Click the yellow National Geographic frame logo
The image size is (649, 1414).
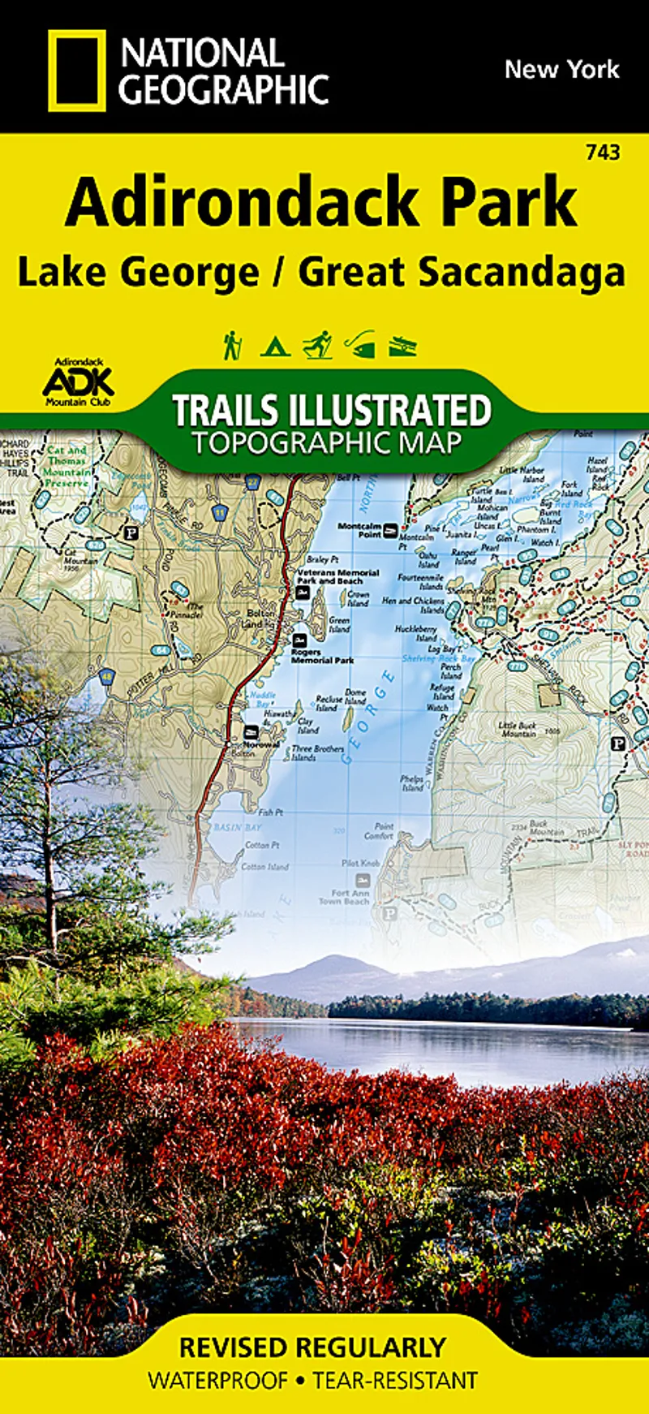click(x=76, y=71)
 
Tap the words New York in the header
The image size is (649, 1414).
click(x=561, y=70)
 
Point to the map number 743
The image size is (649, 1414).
click(x=602, y=152)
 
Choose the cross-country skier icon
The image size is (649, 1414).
click(x=317, y=344)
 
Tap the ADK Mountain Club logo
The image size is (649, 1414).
click(x=77, y=382)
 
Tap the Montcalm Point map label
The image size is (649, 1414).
click(x=359, y=530)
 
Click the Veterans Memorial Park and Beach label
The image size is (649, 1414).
click(x=337, y=576)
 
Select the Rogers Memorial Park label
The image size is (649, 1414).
click(x=322, y=656)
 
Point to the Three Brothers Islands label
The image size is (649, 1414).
click(x=317, y=752)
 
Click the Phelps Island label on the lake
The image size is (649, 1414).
click(x=411, y=783)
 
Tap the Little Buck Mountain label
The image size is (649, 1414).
click(x=517, y=728)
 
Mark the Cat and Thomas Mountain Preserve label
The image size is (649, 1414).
click(x=67, y=466)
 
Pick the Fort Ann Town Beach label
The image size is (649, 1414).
click(x=344, y=897)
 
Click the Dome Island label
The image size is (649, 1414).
click(x=355, y=696)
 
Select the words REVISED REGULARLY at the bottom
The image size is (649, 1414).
click(x=312, y=1347)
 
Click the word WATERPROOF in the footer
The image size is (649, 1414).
click(x=217, y=1380)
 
